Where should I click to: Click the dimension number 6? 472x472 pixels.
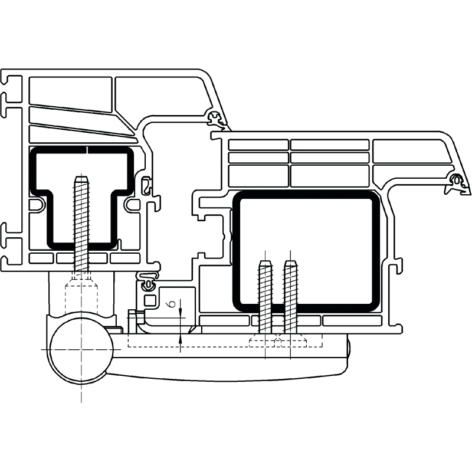point(172,304)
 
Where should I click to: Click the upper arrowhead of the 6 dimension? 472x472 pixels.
point(180,314)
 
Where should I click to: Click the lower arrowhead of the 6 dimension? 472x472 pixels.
point(180,338)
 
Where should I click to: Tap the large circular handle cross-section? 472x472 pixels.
point(81,349)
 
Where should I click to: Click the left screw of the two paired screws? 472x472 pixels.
point(265,297)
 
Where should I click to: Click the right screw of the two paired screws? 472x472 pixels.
point(290,297)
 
